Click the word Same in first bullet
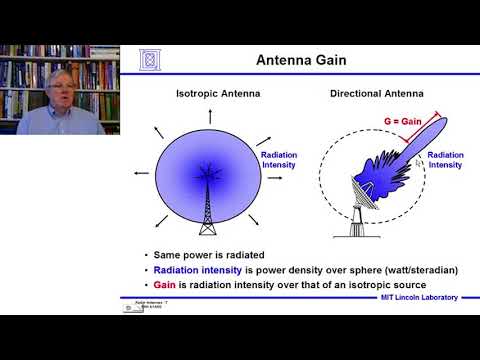click(x=172, y=254)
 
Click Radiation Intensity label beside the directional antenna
click(x=444, y=161)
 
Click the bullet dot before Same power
click(x=147, y=254)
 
